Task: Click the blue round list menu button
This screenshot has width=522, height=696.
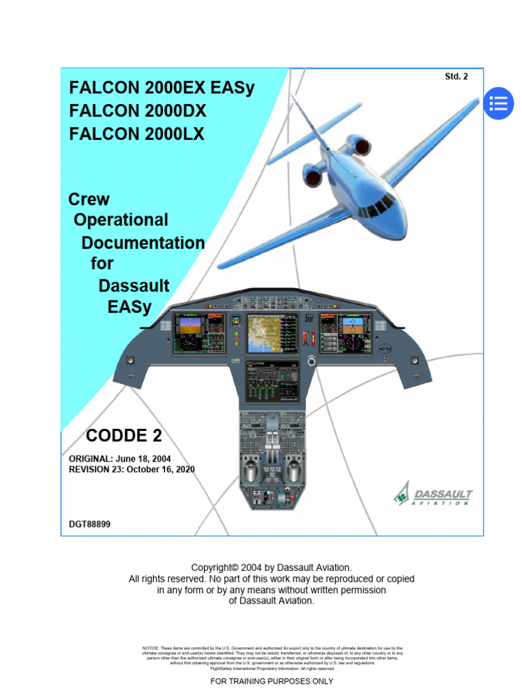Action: pyautogui.click(x=498, y=104)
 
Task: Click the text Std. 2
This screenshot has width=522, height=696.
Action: pyautogui.click(x=456, y=77)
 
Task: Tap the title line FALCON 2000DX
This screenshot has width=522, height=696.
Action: pyautogui.click(x=137, y=111)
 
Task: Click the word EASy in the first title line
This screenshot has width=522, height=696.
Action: pyautogui.click(x=230, y=88)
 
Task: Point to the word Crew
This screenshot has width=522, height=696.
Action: pyautogui.click(x=89, y=199)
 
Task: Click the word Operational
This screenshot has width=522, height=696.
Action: pyautogui.click(x=120, y=220)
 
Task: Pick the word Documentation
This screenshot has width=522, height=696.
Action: pyautogui.click(x=143, y=243)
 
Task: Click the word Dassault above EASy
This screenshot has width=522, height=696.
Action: pyautogui.click(x=134, y=285)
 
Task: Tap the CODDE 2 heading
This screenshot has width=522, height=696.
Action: pyautogui.click(x=124, y=435)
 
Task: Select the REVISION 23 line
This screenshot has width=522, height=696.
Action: pyautogui.click(x=132, y=470)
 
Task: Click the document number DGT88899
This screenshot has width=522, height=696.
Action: pyautogui.click(x=90, y=524)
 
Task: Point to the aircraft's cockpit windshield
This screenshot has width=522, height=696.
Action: pyautogui.click(x=378, y=206)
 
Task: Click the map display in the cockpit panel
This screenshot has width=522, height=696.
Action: pyautogui.click(x=273, y=334)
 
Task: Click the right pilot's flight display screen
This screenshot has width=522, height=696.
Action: pyautogui.click(x=346, y=333)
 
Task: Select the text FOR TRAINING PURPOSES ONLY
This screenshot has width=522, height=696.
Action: pyautogui.click(x=272, y=681)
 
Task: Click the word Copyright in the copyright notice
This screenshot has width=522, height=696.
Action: pyautogui.click(x=211, y=568)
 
